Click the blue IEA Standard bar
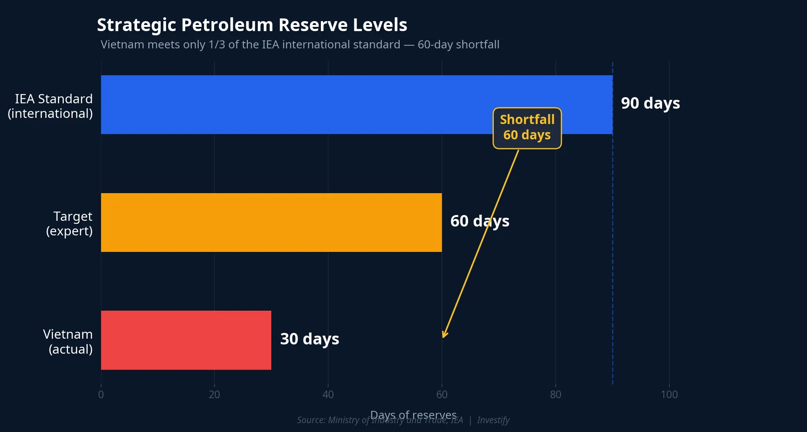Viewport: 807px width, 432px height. (307, 104)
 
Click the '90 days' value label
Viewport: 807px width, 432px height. (650, 103)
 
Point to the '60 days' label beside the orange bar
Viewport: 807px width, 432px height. (480, 221)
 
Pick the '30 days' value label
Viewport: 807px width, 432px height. (309, 339)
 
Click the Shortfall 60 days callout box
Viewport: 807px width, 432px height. (527, 128)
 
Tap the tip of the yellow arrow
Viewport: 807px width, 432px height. (443, 337)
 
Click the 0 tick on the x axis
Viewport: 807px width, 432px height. (101, 394)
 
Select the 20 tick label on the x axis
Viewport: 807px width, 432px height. (214, 394)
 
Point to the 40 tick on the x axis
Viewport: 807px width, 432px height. (328, 394)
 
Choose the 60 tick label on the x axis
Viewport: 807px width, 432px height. (442, 394)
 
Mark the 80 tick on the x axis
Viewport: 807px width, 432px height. (555, 394)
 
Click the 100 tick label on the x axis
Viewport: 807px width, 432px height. (669, 394)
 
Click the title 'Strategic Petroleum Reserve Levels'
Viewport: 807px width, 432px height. (252, 25)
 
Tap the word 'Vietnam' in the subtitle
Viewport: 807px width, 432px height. (122, 45)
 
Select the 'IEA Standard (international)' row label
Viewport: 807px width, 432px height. (50, 106)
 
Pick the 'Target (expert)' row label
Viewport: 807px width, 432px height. (69, 223)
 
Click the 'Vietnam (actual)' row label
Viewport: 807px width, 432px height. (68, 341)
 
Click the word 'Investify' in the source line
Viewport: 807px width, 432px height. (493, 420)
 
